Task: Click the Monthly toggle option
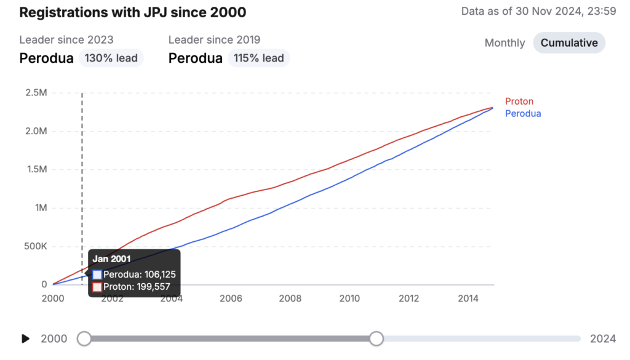[504, 43]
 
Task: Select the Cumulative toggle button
[569, 43]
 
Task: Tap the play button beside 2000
[25, 338]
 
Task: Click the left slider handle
[84, 338]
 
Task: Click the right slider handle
[377, 338]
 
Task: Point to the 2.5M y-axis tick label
[36, 93]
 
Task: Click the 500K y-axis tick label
[35, 246]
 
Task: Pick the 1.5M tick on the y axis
[36, 170]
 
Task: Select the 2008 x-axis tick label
[290, 298]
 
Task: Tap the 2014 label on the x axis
[468, 298]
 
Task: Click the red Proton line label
[519, 102]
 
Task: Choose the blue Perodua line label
[523, 113]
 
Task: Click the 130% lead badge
[111, 58]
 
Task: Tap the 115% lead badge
[258, 58]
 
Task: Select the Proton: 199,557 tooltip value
[137, 287]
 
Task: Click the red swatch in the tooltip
[97, 287]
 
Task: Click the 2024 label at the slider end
[603, 338]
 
